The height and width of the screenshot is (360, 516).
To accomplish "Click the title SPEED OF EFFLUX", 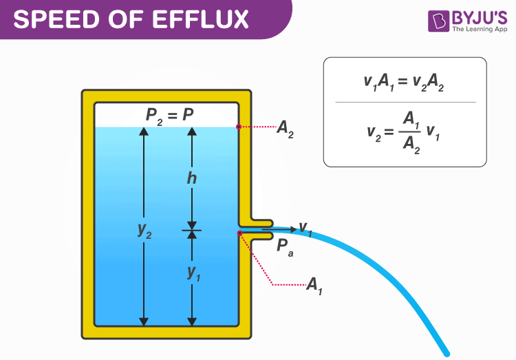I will tap(131, 19).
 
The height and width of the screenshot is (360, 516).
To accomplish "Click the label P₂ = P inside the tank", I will tap(170, 116).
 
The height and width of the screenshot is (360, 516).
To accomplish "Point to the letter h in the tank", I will tap(191, 178).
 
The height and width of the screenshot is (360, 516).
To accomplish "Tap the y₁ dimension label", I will tap(193, 272).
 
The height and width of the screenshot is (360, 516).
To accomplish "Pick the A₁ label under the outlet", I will tap(314, 285).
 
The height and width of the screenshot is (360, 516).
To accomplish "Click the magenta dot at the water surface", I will tap(239, 127).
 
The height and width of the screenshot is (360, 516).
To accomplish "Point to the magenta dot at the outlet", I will tap(239, 233).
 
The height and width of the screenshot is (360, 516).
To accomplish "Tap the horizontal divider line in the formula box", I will tap(405, 103).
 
